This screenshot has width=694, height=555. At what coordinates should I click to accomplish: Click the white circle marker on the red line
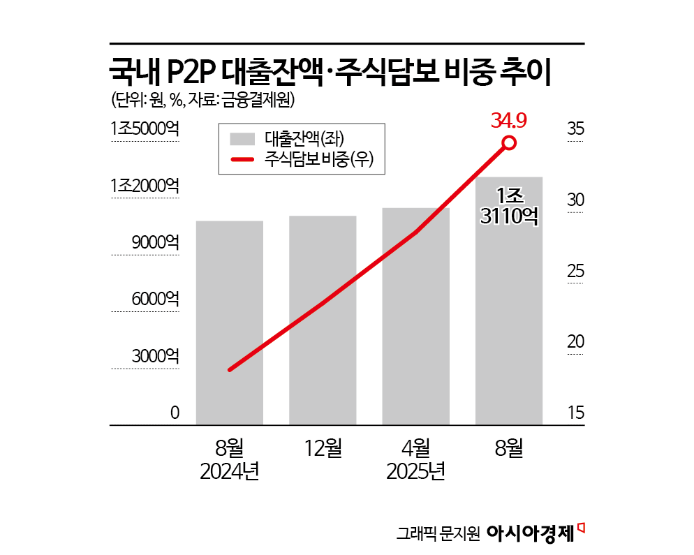tap(509, 144)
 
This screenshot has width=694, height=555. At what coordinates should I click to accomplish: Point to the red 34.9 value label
tap(508, 121)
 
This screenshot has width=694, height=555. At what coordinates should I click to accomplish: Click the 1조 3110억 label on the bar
tap(509, 205)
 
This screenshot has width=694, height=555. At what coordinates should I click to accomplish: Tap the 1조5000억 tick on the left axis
tap(145, 129)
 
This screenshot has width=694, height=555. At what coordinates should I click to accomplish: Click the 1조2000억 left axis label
tap(145, 186)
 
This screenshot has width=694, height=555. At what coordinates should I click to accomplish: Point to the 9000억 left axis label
tap(155, 243)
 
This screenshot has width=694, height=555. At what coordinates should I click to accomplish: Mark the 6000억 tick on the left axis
tap(155, 299)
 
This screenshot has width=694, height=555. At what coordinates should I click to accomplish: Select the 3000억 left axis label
tap(155, 356)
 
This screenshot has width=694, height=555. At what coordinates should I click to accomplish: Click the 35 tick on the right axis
tap(575, 129)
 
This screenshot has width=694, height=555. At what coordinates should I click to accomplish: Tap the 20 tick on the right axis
tap(575, 343)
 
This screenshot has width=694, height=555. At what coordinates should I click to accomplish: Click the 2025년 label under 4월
tap(416, 472)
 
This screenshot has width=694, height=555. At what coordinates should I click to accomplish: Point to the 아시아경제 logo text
tap(531, 533)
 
